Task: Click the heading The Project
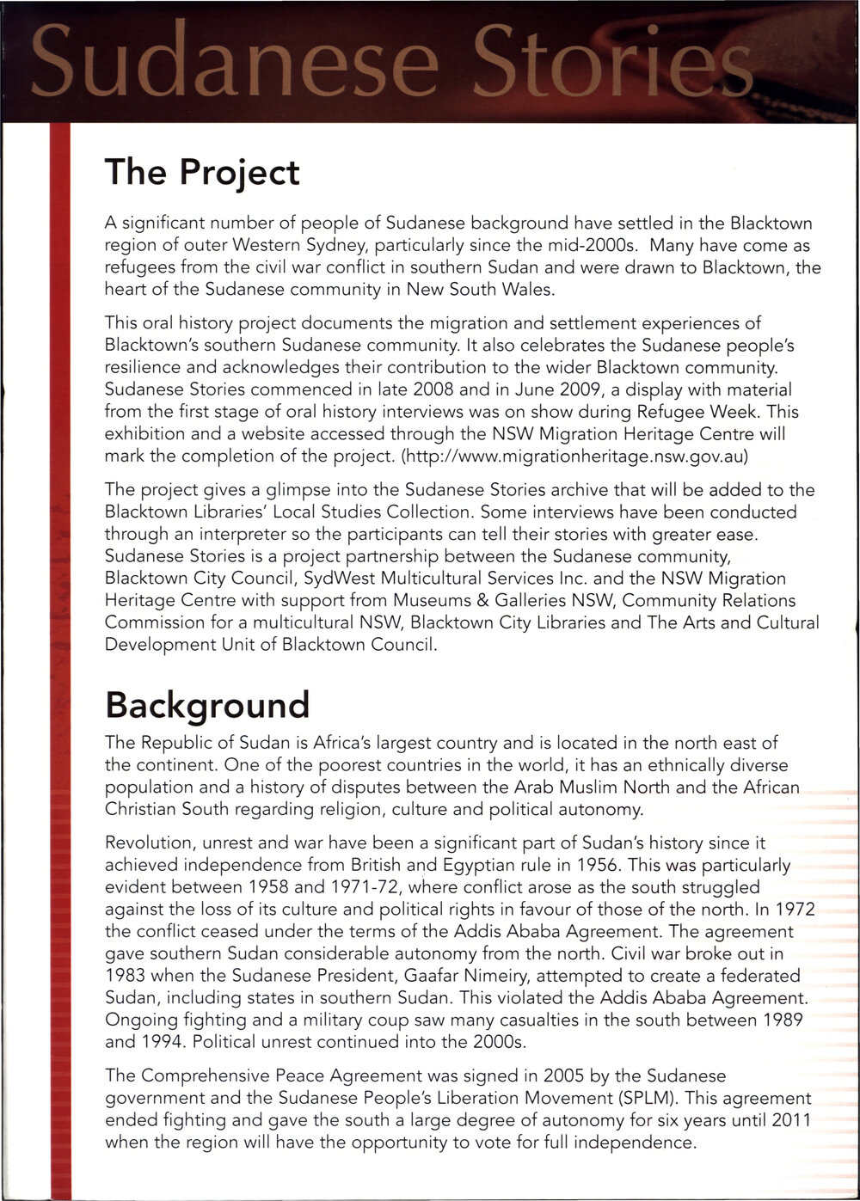(202, 172)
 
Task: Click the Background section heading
(206, 705)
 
